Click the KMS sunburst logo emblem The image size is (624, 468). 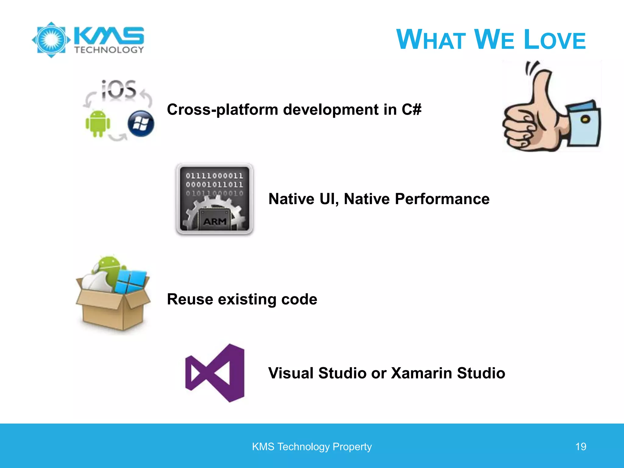[51, 40]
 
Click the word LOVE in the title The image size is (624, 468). [555, 40]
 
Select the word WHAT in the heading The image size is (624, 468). [431, 40]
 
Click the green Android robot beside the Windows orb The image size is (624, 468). [97, 123]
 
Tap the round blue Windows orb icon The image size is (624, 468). [141, 123]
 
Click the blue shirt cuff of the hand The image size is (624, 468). [583, 125]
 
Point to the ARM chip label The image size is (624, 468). [215, 222]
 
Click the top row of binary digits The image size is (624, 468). [214, 176]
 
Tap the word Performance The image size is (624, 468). [442, 199]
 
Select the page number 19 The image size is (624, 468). [580, 447]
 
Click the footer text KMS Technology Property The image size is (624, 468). [312, 447]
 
